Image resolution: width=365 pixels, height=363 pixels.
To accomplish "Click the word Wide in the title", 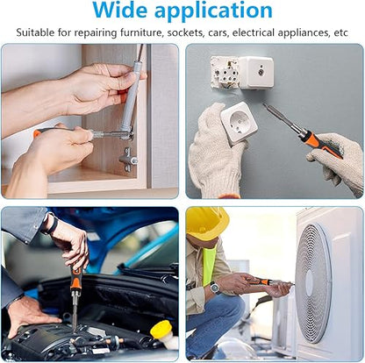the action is point(119,10).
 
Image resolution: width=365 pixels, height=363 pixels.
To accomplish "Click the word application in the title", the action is point(213,11).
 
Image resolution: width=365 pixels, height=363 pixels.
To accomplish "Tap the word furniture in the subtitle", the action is point(140,32).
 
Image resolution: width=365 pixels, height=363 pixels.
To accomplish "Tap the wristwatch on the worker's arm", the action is point(215,288).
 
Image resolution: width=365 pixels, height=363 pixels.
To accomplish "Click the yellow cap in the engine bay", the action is point(161,329).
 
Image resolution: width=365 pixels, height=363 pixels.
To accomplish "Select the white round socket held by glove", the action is point(239,123).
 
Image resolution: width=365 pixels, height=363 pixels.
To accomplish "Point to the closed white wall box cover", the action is point(256,73).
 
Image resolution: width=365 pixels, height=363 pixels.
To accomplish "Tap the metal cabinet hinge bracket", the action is point(128,159).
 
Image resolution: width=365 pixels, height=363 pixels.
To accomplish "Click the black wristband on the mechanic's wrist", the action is point(53,224).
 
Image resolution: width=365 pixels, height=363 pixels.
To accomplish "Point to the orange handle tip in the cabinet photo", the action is point(37,133).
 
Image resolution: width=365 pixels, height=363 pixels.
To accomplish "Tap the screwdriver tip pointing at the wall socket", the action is point(264,104).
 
